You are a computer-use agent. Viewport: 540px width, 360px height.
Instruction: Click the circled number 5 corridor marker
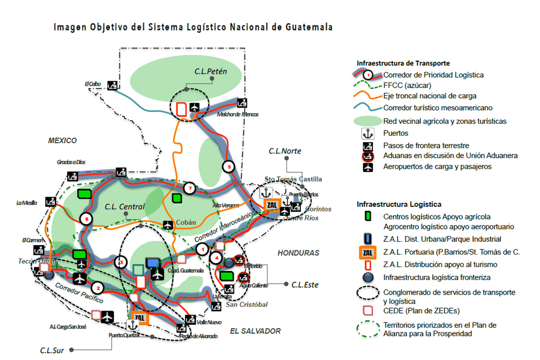pyautogui.click(x=229, y=166)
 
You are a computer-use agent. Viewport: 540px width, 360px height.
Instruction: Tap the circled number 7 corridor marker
pyautogui.click(x=190, y=188)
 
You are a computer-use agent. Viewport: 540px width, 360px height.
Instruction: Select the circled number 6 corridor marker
pyautogui.click(x=87, y=219)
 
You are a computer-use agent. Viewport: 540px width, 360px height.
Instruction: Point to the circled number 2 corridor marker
pyautogui.click(x=98, y=288)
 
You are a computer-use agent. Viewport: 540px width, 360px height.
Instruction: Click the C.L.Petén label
pyautogui.click(x=210, y=71)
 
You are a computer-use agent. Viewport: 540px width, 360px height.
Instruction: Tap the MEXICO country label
pyautogui.click(x=62, y=141)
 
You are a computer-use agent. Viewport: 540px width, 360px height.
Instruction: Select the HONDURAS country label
pyautogui.click(x=298, y=253)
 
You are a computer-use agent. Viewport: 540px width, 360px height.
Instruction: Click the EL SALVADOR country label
pyautogui.click(x=255, y=331)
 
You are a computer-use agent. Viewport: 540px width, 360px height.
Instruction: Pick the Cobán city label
pyautogui.click(x=186, y=222)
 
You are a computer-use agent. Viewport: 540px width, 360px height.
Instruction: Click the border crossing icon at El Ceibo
pyautogui.click(x=112, y=85)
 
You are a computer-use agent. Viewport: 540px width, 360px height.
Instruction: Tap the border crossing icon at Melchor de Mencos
pyautogui.click(x=242, y=103)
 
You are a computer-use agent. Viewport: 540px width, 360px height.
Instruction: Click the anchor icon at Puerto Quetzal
pyautogui.click(x=132, y=325)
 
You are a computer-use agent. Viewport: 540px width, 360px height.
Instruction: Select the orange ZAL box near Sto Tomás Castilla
pyautogui.click(x=272, y=205)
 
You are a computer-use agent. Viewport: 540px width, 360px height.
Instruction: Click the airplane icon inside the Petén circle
pyautogui.click(x=194, y=107)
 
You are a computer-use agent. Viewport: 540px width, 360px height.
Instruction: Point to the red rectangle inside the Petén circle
pyautogui.click(x=181, y=109)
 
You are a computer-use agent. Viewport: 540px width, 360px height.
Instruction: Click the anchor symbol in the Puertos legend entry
pyautogui.click(x=367, y=133)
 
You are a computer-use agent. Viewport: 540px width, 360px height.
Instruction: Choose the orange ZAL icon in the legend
pyautogui.click(x=367, y=252)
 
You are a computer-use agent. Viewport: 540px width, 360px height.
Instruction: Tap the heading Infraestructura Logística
pyautogui.click(x=399, y=204)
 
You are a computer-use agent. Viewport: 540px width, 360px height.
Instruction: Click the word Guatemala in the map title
pyautogui.click(x=309, y=27)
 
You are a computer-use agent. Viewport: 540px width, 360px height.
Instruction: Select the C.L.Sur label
pyautogui.click(x=52, y=350)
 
